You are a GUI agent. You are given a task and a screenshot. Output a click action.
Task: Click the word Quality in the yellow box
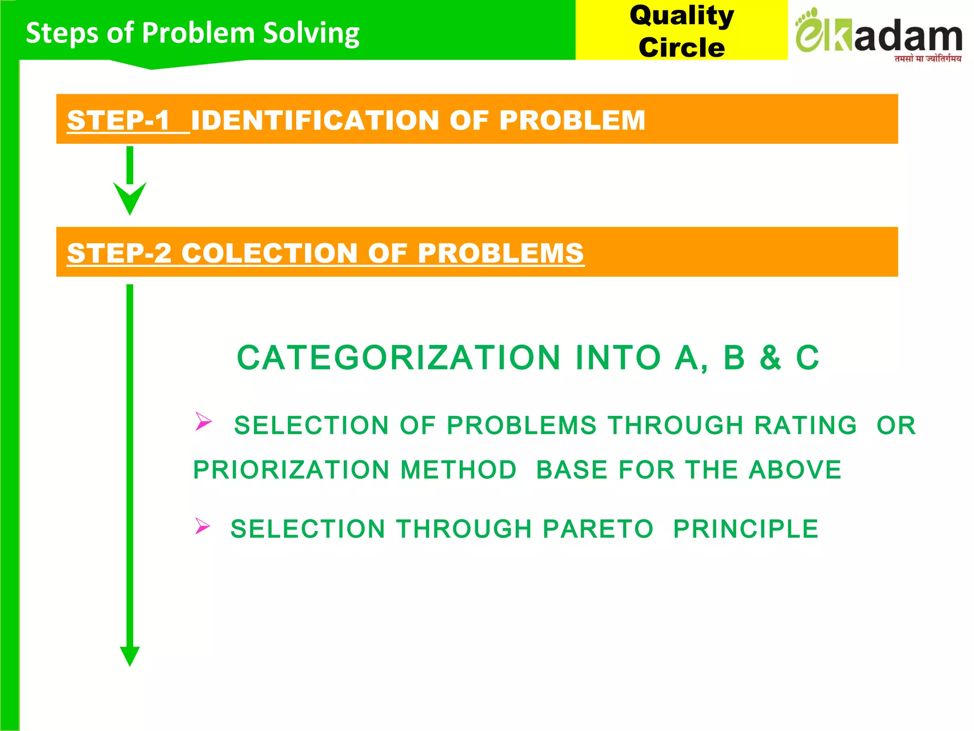click(682, 16)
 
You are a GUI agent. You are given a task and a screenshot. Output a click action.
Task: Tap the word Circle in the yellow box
click(682, 48)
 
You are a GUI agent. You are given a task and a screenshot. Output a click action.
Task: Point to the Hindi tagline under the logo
click(927, 59)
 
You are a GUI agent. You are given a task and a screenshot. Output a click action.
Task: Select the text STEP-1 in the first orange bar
click(118, 120)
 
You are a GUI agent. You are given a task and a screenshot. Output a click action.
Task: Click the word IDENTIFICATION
click(314, 120)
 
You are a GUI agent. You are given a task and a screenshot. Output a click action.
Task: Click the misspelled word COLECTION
click(269, 253)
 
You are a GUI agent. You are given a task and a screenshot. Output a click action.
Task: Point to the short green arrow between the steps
click(130, 181)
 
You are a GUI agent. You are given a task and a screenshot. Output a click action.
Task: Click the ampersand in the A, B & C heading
click(770, 358)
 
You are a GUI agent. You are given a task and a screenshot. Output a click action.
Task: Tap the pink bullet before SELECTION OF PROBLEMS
click(203, 421)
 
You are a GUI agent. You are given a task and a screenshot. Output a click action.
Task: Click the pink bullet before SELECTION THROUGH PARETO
click(202, 526)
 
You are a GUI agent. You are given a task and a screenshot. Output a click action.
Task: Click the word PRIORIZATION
click(292, 470)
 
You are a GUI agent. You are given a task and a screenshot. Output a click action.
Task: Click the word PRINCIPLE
click(746, 529)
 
